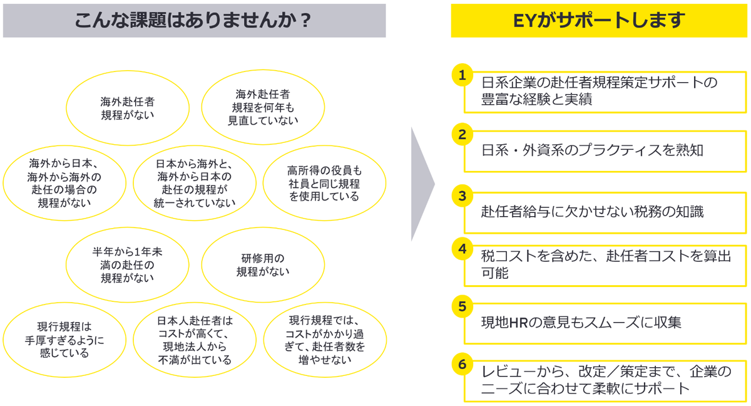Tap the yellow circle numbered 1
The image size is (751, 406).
point(462,76)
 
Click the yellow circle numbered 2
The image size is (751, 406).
point(462,134)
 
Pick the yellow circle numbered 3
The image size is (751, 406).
point(462,195)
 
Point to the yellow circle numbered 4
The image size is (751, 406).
point(462,247)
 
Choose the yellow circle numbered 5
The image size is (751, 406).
point(462,306)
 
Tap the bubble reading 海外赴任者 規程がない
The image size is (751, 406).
point(128,108)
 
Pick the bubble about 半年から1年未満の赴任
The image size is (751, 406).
point(128,265)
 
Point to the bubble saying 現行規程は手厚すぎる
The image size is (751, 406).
point(63,340)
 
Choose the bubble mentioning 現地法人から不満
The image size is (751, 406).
point(195,340)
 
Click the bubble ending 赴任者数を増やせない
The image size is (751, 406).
point(325,340)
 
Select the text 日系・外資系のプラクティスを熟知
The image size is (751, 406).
point(593,150)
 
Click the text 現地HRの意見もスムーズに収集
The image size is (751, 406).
point(581,323)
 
